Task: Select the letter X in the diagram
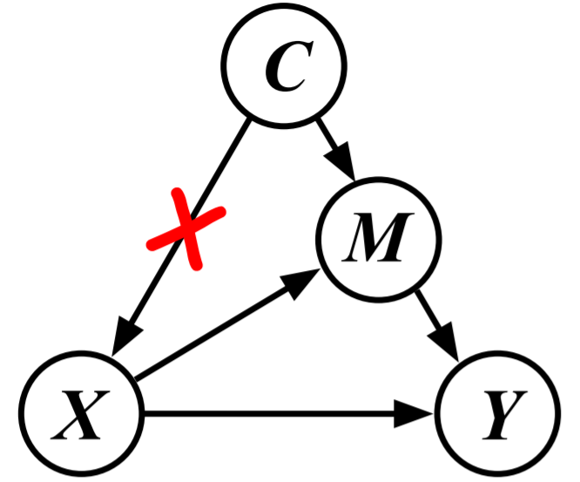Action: tap(81, 411)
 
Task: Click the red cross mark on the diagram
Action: tap(185, 231)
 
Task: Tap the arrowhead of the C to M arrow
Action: tap(347, 165)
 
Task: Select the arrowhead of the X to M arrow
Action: tap(304, 281)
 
